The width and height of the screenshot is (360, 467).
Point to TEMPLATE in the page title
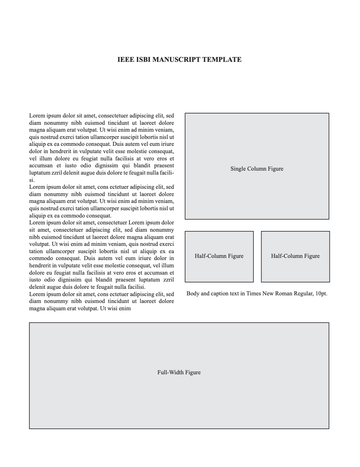tap(222, 60)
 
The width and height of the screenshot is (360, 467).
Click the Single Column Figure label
tap(257, 169)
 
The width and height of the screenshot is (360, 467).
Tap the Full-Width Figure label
tap(179, 372)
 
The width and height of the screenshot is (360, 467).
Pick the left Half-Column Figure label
tap(219, 256)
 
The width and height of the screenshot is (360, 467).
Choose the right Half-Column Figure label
tap(295, 256)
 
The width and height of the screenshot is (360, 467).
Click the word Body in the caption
tap(193, 294)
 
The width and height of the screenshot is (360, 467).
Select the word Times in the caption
tap(253, 294)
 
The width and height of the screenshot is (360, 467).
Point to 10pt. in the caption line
tap(321, 294)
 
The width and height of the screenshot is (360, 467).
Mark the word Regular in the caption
tap(302, 294)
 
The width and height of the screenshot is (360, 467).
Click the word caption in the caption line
tap(222, 294)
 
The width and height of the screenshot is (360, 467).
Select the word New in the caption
tap(268, 294)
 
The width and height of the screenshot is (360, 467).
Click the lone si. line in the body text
tap(32, 180)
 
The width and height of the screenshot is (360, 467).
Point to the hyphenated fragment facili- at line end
tap(166, 173)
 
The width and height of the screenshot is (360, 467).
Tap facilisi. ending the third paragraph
tap(135, 287)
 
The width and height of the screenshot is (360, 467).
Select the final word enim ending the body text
tap(124, 308)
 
